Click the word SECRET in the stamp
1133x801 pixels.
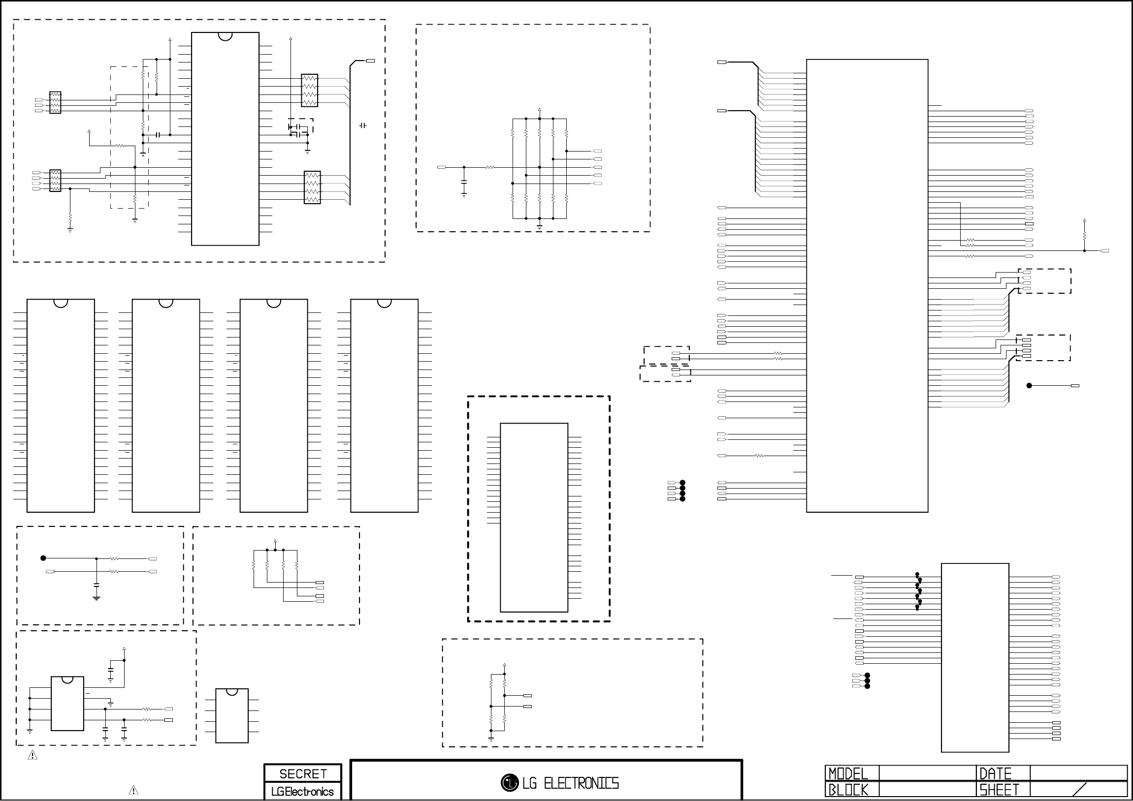coord(303,774)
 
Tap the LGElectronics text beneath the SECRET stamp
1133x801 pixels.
coord(302,792)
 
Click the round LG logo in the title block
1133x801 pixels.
coord(509,782)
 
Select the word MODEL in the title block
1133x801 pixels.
coord(848,773)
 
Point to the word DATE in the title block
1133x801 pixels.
coord(995,773)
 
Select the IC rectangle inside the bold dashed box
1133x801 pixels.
coord(534,518)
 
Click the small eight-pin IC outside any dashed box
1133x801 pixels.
coord(232,716)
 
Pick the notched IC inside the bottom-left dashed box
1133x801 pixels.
coord(67,704)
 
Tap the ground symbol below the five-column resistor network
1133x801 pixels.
coord(539,227)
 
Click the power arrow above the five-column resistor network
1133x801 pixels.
coord(539,110)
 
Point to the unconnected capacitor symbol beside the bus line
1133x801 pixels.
coord(363,126)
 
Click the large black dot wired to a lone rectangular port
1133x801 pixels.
coord(1029,386)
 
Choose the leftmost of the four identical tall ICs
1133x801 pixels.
coord(61,405)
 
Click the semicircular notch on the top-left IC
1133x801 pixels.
coord(225,36)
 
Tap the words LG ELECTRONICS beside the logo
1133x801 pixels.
coord(570,783)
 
